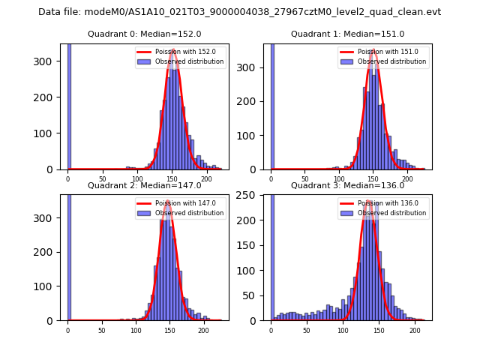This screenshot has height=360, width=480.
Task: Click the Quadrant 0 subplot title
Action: (144, 34)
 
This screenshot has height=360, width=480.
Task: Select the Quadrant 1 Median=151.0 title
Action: (347, 34)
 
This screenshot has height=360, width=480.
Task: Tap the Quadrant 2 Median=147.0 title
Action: (144, 185)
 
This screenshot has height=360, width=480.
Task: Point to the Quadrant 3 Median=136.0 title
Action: (347, 185)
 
